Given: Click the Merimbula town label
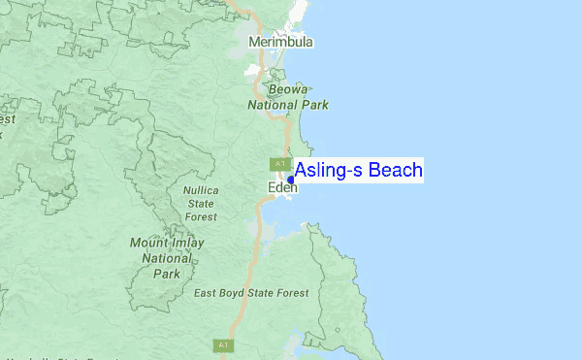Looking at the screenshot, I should pos(281,43).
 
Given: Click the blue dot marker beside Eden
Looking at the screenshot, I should pos(291,180).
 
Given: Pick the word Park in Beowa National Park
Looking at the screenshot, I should pos(315,105).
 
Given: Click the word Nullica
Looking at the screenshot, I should pos(201,190).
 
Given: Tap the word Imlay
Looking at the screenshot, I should pos(189,244).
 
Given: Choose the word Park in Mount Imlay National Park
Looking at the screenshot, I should pos(167,274).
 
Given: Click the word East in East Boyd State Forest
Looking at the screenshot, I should pos(208,293).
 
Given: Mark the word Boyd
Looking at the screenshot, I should pos(238,293).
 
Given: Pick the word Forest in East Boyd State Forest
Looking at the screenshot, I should pos(289,293).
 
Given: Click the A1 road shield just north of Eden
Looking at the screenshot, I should pos(279,163).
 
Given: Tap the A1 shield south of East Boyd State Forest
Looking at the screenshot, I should pos(222,344).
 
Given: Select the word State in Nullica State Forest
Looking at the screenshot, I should pos(201,204).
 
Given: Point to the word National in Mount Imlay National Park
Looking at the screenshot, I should pos(167,259).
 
